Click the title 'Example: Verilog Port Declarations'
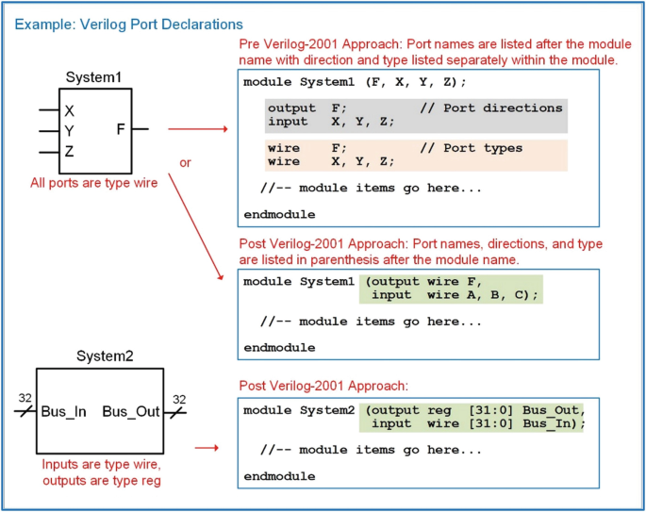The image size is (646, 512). point(128,25)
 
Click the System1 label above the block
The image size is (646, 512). point(93,77)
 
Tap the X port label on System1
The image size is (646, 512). point(69,111)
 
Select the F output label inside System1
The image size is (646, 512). point(121,129)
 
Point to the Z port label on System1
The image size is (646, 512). point(69,152)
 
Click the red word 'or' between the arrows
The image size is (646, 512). point(185,163)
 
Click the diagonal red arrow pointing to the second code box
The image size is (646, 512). point(196,226)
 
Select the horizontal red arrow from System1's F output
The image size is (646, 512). point(198,129)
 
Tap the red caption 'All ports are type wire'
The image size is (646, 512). point(94,183)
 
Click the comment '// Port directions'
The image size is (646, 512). point(491,108)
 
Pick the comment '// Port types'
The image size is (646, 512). point(471,148)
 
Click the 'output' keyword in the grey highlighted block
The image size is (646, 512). point(291,108)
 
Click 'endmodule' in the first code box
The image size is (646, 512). point(279,215)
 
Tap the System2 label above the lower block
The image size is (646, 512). point(105,356)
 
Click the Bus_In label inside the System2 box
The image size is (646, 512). point(64,411)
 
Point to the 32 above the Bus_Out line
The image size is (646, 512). point(179,399)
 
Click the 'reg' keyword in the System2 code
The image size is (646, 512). point(439,411)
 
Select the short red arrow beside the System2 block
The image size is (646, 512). point(207,448)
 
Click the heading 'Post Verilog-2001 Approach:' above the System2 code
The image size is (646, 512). point(323,386)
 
